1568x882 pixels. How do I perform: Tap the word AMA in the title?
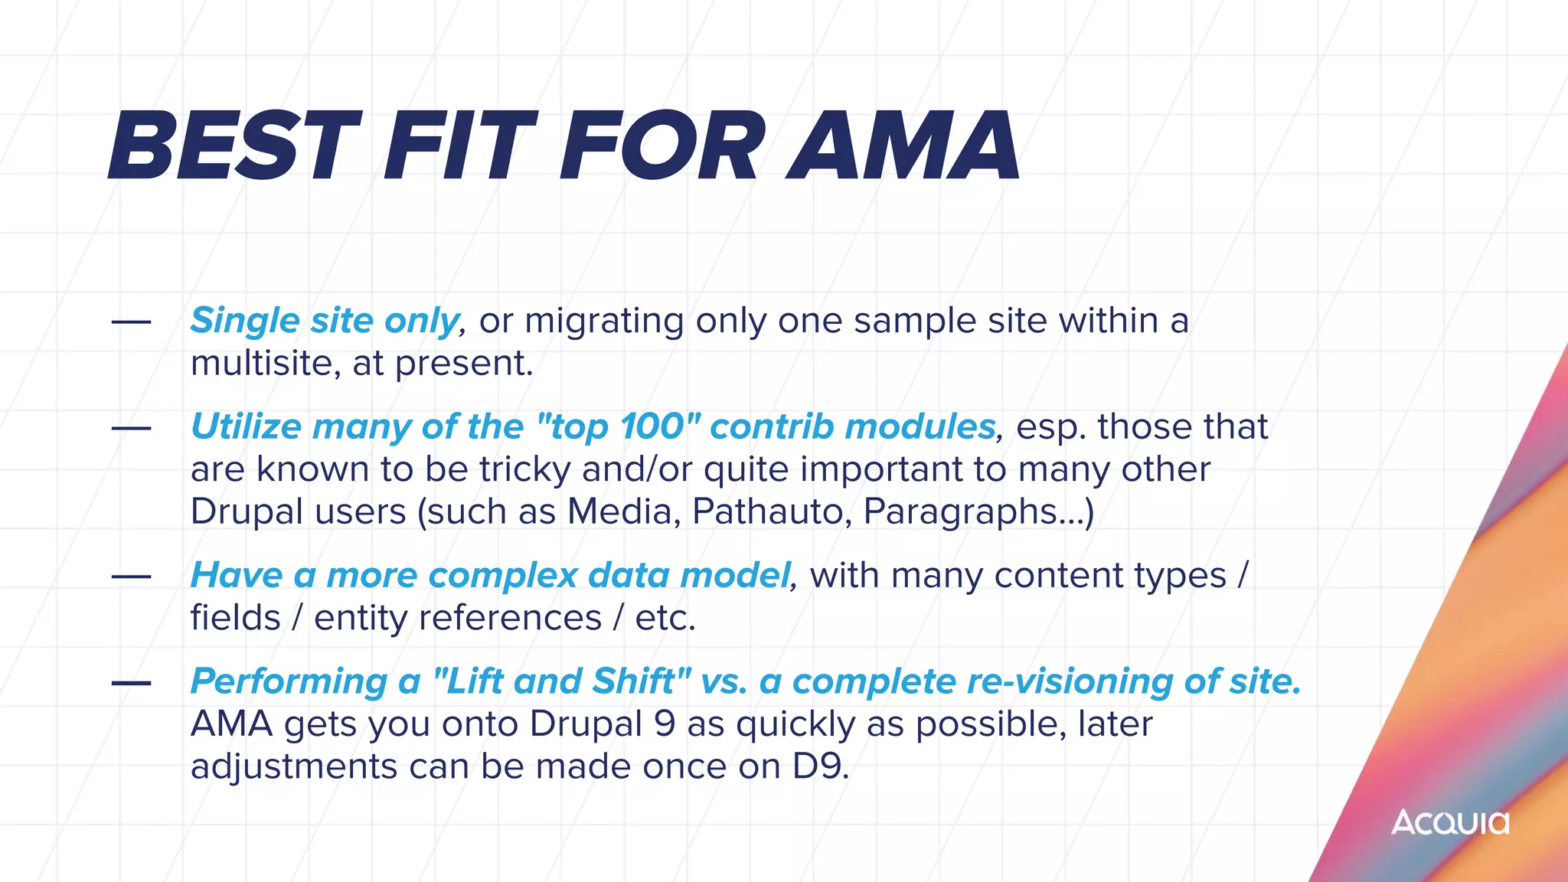click(x=903, y=147)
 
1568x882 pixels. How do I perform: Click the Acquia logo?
click(x=1449, y=823)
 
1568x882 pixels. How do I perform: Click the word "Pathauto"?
click(x=771, y=511)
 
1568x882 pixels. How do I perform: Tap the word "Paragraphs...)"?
click(x=978, y=511)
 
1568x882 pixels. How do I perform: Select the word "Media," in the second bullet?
click(x=623, y=511)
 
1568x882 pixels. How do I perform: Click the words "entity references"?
click(x=457, y=618)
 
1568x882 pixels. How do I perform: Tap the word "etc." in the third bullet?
click(x=665, y=618)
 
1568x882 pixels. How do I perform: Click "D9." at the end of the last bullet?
click(x=820, y=766)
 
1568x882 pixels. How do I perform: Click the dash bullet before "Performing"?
click(x=131, y=682)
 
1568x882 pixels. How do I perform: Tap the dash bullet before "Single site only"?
click(x=131, y=322)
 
